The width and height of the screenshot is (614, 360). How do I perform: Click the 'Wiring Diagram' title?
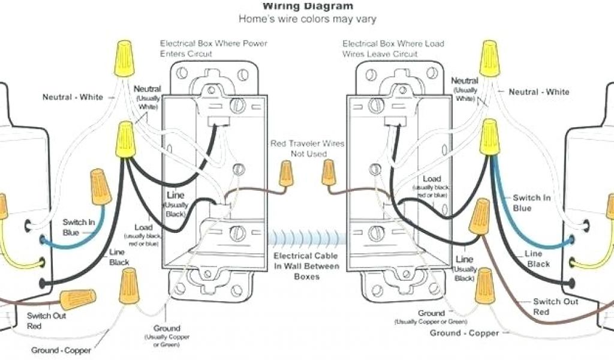click(308, 6)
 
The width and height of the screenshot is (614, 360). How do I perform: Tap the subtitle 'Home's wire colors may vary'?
click(308, 19)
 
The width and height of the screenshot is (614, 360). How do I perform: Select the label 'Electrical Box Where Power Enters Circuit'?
click(213, 49)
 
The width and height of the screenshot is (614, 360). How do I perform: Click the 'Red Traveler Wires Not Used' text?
click(307, 149)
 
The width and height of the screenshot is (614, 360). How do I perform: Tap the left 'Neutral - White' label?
click(73, 97)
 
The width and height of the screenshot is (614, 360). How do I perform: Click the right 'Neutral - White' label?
click(539, 92)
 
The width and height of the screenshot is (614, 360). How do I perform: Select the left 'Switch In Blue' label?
click(79, 227)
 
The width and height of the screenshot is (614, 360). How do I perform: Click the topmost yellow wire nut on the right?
click(489, 58)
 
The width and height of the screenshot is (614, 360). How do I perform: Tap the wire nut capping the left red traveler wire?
click(285, 173)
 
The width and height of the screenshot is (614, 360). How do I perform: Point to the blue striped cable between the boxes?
click(307, 239)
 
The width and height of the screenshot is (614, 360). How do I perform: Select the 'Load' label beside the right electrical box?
click(432, 179)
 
